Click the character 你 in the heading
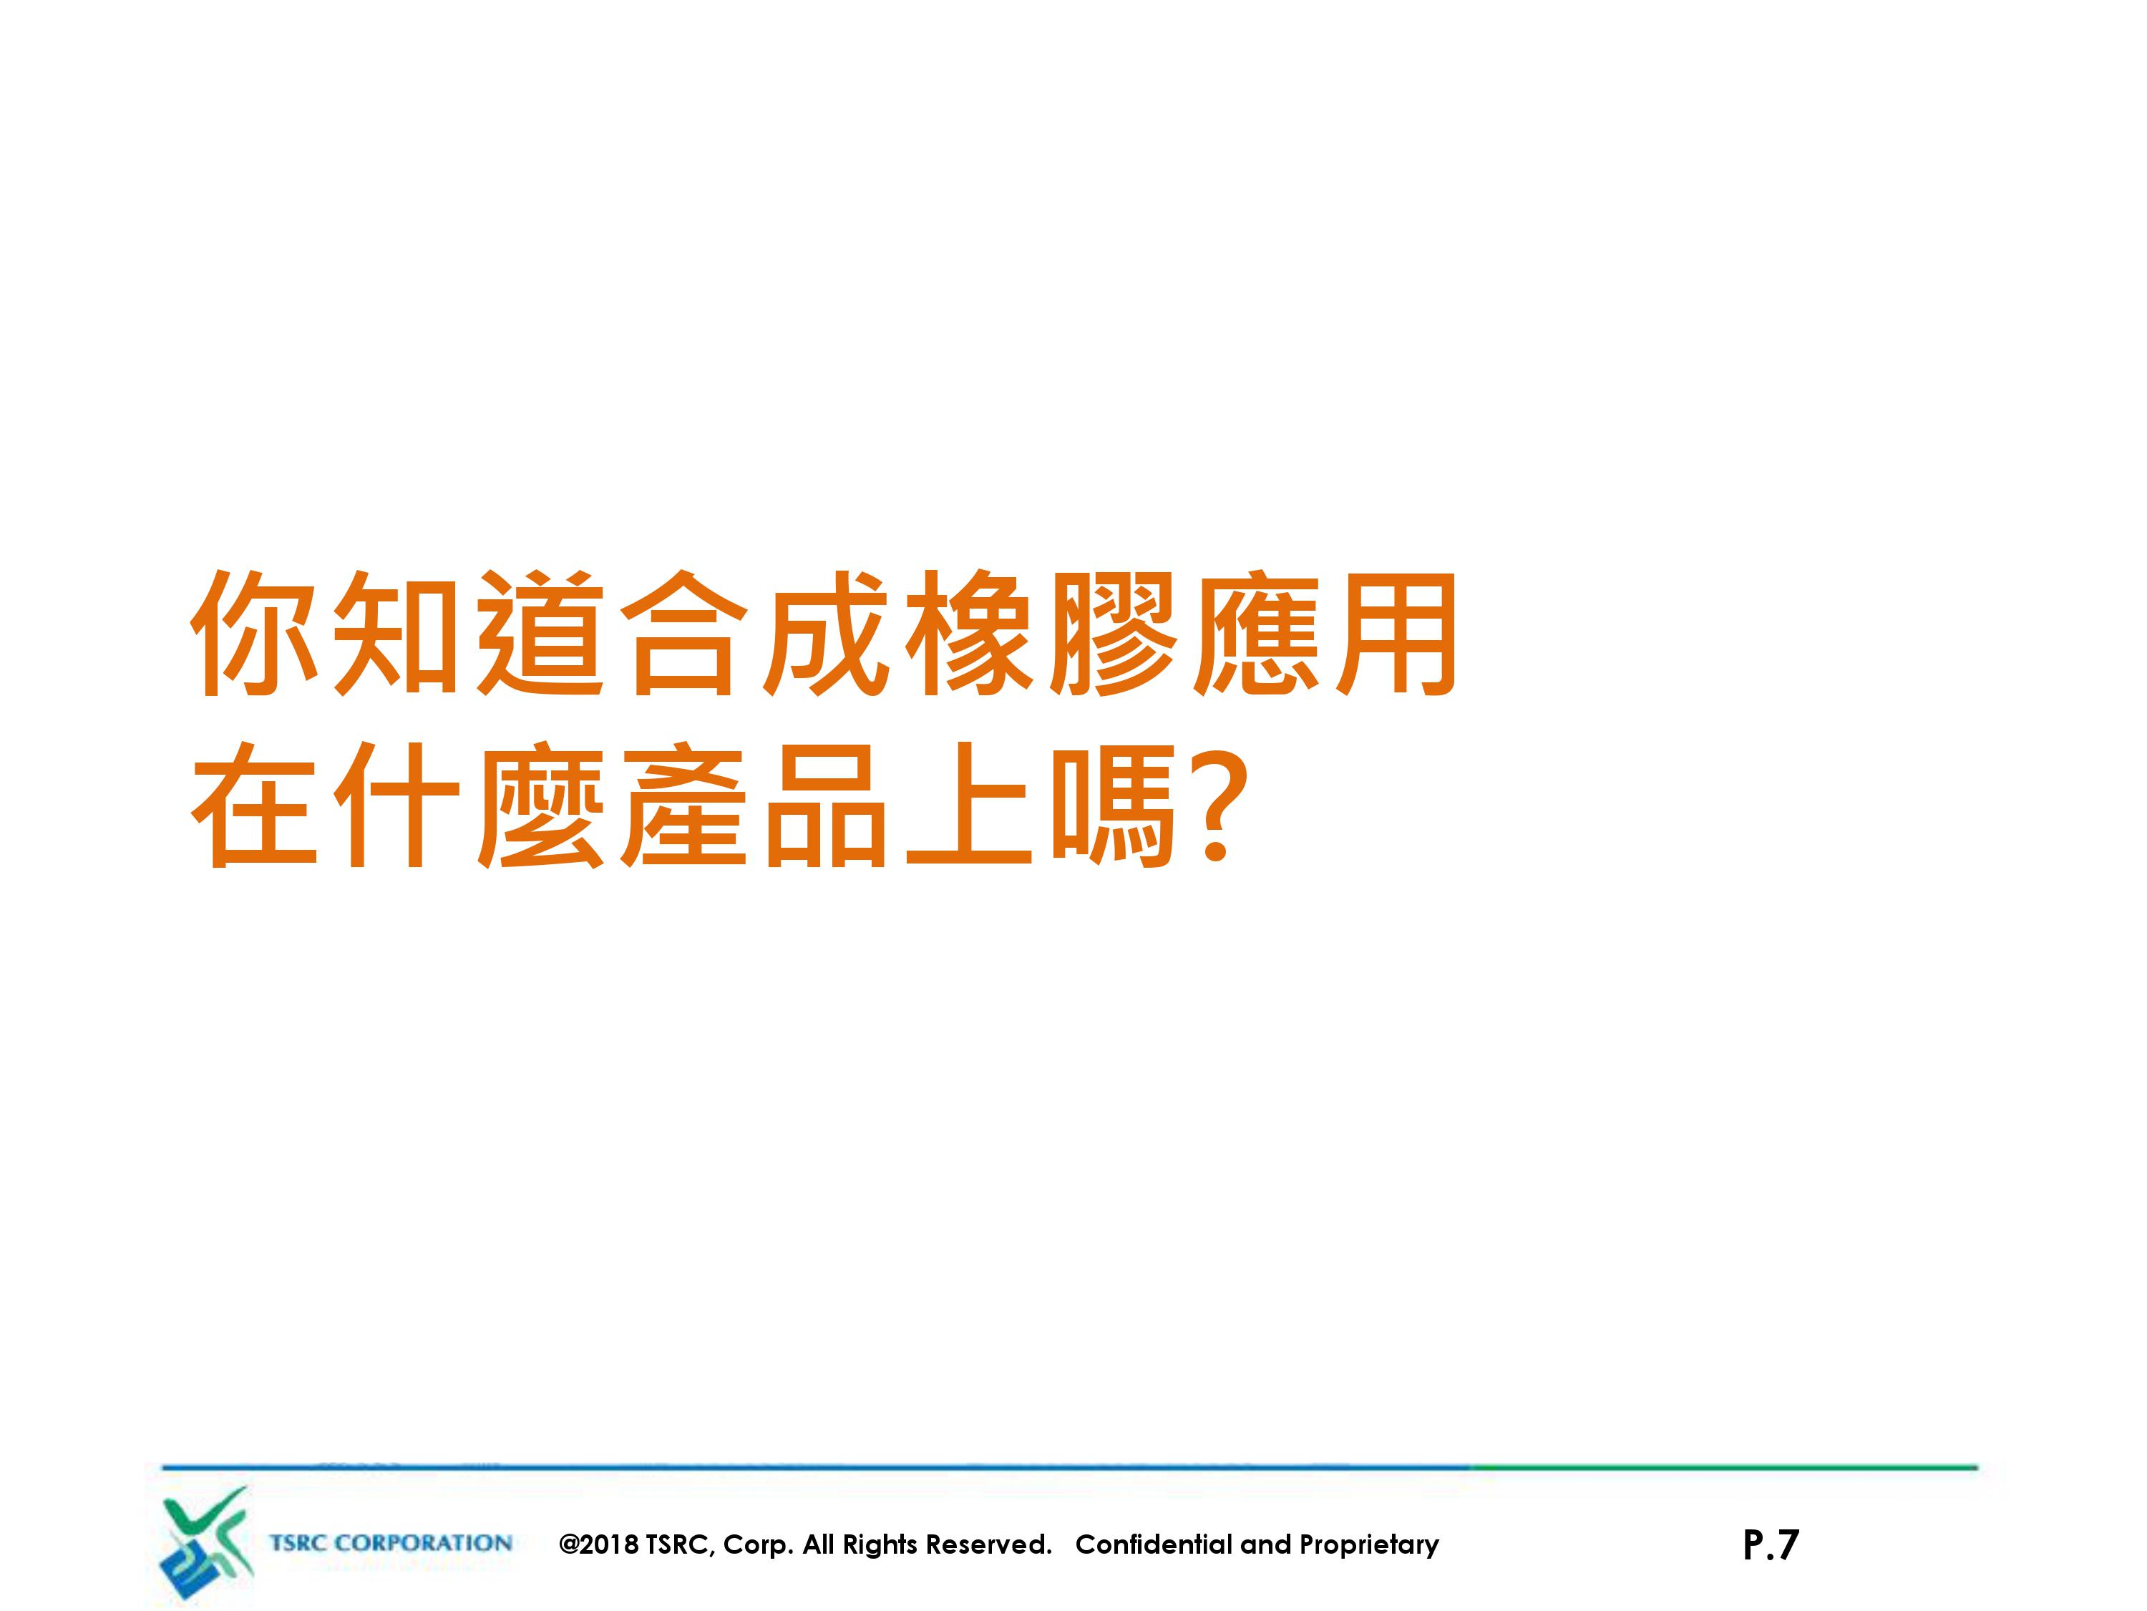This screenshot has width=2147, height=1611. [x=254, y=633]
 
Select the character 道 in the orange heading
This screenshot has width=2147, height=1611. [x=540, y=633]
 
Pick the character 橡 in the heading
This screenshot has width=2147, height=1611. [x=970, y=633]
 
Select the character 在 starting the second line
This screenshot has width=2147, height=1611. [x=254, y=804]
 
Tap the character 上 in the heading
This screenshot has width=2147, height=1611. [x=970, y=804]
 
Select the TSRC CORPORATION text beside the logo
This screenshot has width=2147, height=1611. [x=390, y=1543]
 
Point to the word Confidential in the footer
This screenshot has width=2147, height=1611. [x=1154, y=1544]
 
